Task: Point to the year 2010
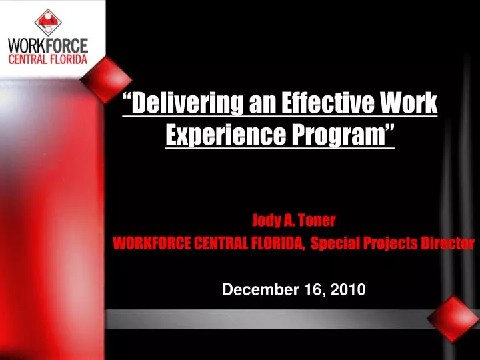click(345, 289)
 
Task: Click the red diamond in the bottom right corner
click(453, 319)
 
